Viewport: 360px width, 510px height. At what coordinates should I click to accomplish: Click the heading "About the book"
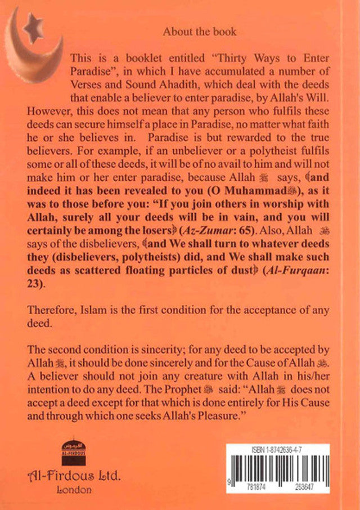point(199,32)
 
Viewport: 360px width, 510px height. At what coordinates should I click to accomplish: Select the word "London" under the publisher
point(74,490)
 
